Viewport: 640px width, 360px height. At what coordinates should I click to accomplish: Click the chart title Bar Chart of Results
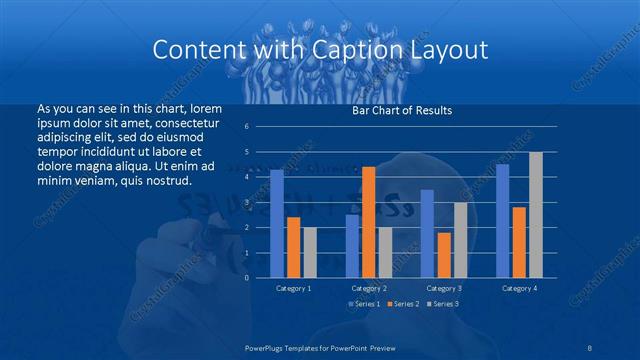[x=402, y=110]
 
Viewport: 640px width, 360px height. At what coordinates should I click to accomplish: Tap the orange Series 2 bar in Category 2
[x=368, y=221]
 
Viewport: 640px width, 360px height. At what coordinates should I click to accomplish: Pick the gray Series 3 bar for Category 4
[x=536, y=214]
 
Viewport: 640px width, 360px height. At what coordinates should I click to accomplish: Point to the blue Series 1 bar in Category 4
[x=503, y=220]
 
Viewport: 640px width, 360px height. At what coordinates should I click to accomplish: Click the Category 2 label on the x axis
[x=369, y=288]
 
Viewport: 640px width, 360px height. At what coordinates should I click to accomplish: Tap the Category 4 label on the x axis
[x=519, y=288]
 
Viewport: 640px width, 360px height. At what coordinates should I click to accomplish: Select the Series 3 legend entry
[x=443, y=303]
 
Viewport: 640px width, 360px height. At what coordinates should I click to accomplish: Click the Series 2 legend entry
[x=403, y=303]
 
